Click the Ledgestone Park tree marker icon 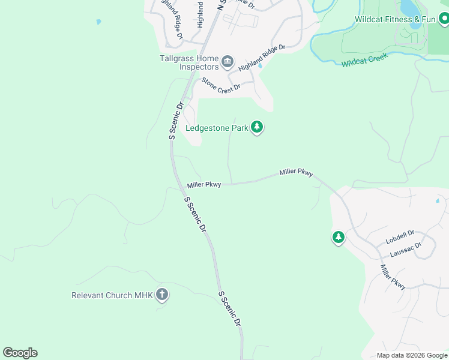pos(257,127)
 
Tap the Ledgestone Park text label pos(217,128)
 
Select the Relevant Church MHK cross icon pos(161,295)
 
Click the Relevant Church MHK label pos(112,295)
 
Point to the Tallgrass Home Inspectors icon pos(228,62)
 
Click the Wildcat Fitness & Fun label pos(394,19)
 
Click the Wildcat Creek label pos(365,59)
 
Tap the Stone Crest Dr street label pos(221,84)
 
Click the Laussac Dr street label pos(406,250)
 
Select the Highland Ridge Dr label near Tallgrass pos(262,58)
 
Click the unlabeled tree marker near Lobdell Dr pos(339,238)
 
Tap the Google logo pos(20,353)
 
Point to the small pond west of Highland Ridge pos(98,22)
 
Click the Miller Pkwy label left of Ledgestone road pos(204,185)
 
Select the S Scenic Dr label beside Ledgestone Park pos(175,121)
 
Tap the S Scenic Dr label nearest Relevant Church pos(229,308)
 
